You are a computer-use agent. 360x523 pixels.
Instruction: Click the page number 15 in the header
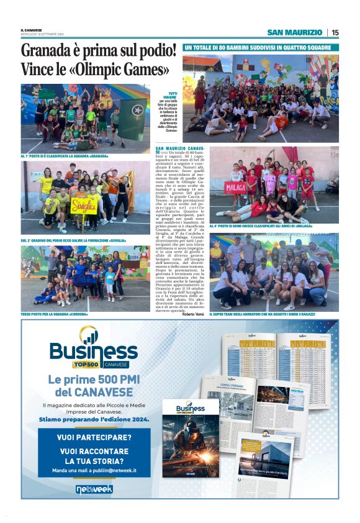click(335, 32)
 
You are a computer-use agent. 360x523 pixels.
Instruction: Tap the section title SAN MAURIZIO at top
click(294, 32)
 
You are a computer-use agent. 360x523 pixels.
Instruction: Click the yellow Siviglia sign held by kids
click(84, 205)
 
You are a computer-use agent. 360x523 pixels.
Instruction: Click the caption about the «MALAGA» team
click(260, 226)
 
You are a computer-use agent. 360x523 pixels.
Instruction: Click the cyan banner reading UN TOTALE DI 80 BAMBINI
click(261, 47)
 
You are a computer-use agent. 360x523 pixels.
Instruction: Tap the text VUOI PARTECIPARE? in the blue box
click(94, 437)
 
